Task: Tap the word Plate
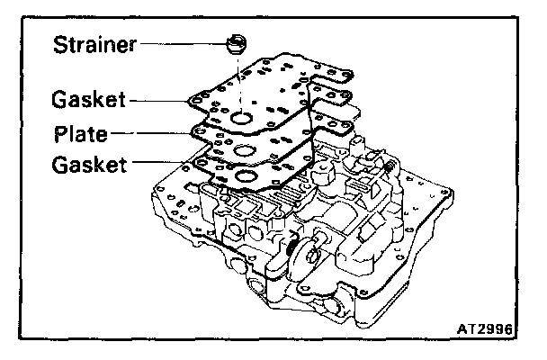pos(80,134)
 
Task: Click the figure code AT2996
pos(484,330)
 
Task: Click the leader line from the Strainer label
pos(179,42)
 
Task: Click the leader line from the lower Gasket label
pos(166,165)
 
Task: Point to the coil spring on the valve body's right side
pos(294,245)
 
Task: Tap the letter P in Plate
pos(59,134)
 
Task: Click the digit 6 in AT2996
pos(508,330)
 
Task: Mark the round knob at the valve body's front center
pos(311,254)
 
